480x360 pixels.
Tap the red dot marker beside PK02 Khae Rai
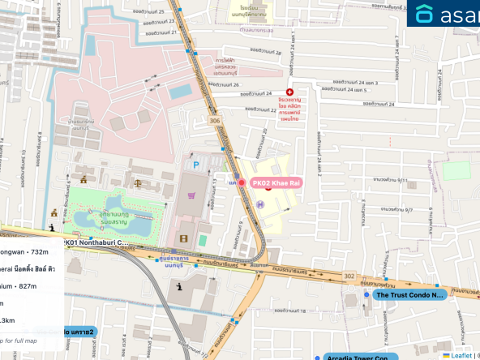click(x=242, y=184)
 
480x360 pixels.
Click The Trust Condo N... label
click(x=411, y=295)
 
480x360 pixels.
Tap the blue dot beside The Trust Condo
click(x=366, y=295)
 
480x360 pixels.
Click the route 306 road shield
click(x=214, y=119)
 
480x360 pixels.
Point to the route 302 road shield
click(x=349, y=276)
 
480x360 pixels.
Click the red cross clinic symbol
click(x=289, y=93)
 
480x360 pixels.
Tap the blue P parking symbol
click(x=195, y=165)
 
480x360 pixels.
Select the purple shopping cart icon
click(x=192, y=195)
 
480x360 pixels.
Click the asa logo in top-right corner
click(x=443, y=14)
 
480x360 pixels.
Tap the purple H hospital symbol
click(x=260, y=204)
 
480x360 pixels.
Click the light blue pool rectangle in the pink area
click(x=181, y=90)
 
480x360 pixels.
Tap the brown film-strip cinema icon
click(x=183, y=238)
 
